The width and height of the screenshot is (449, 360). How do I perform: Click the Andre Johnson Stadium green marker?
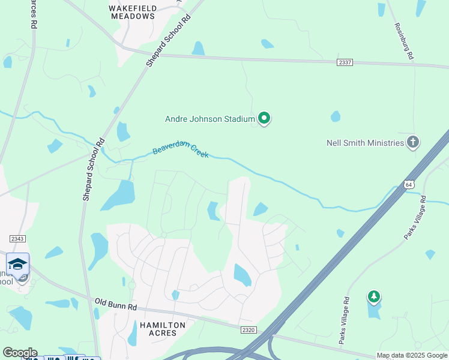264,118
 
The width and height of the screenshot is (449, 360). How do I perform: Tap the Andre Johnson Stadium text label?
210,119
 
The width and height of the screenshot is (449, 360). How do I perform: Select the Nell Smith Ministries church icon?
412,142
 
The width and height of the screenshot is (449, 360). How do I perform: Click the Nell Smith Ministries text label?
365,143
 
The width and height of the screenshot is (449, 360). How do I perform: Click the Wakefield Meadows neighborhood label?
133,13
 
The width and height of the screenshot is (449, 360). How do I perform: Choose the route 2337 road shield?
345,62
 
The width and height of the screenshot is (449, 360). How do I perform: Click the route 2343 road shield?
17,239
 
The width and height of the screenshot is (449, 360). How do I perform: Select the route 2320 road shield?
249,329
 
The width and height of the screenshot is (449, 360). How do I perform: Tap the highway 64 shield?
409,184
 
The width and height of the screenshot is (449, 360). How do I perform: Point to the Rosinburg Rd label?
404,41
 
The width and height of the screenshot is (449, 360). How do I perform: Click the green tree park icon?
374,296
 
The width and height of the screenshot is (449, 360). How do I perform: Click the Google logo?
19,353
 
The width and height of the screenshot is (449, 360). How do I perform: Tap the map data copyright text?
412,355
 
